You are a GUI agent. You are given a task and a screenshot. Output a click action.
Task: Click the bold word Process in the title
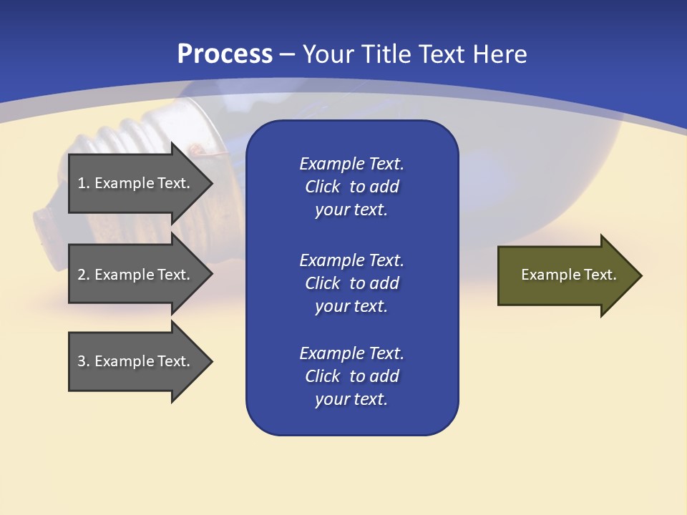coord(225,54)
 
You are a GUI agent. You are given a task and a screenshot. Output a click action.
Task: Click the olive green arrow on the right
coord(565,275)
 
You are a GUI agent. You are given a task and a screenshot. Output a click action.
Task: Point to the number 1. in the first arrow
coord(83,183)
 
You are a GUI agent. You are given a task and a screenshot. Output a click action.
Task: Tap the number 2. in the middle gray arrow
coord(83,275)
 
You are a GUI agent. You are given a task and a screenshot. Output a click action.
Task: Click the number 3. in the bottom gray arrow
coord(83,361)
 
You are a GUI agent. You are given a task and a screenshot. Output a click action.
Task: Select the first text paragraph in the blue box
coord(351,187)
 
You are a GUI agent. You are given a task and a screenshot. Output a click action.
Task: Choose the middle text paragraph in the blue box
coord(351,283)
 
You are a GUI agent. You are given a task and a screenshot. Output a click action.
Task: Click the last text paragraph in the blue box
coord(351,376)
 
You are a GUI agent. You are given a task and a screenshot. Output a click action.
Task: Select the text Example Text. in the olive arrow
coord(568,275)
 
